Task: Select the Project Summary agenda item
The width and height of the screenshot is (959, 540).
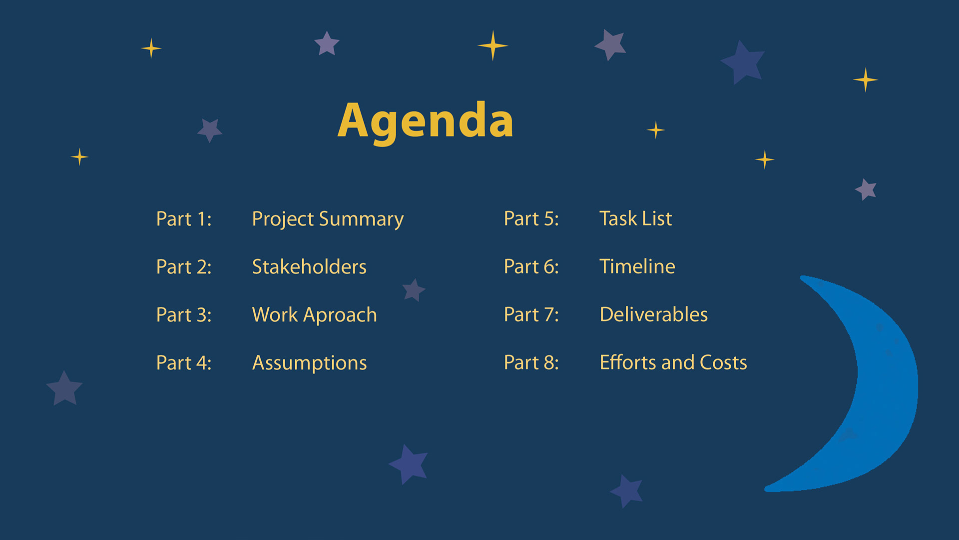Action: [328, 219]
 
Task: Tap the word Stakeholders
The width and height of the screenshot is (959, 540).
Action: [309, 266]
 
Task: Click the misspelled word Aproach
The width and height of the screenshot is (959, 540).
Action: [340, 315]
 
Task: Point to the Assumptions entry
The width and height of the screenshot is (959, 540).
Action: [309, 363]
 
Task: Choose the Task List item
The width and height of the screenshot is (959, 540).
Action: [635, 218]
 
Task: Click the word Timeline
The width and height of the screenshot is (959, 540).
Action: [637, 266]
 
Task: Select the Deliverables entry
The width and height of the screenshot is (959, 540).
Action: [653, 314]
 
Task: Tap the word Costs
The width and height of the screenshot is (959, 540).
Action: [723, 362]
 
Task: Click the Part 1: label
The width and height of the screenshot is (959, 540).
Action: [184, 219]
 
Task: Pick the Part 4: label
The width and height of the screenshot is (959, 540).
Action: [184, 363]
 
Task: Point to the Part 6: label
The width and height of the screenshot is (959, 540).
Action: [531, 266]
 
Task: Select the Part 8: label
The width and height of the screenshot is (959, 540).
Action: [531, 362]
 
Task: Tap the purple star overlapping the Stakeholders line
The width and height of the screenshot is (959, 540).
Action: [414, 290]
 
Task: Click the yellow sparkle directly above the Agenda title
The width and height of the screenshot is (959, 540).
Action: [493, 45]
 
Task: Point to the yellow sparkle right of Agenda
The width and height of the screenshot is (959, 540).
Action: [656, 130]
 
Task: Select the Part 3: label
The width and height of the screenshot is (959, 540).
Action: [184, 315]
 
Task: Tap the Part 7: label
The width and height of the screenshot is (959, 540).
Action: [531, 314]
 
